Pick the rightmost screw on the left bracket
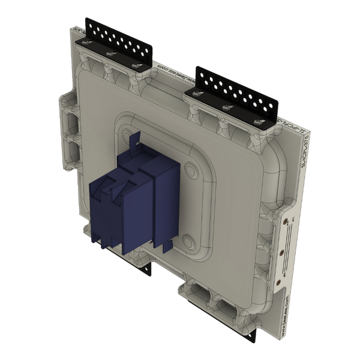[x=134, y=65]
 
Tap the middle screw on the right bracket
[x=226, y=107]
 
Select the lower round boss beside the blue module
[x=190, y=241]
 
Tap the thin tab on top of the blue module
[x=133, y=140]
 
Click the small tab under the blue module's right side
[x=164, y=246]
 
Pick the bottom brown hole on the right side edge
[x=279, y=277]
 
